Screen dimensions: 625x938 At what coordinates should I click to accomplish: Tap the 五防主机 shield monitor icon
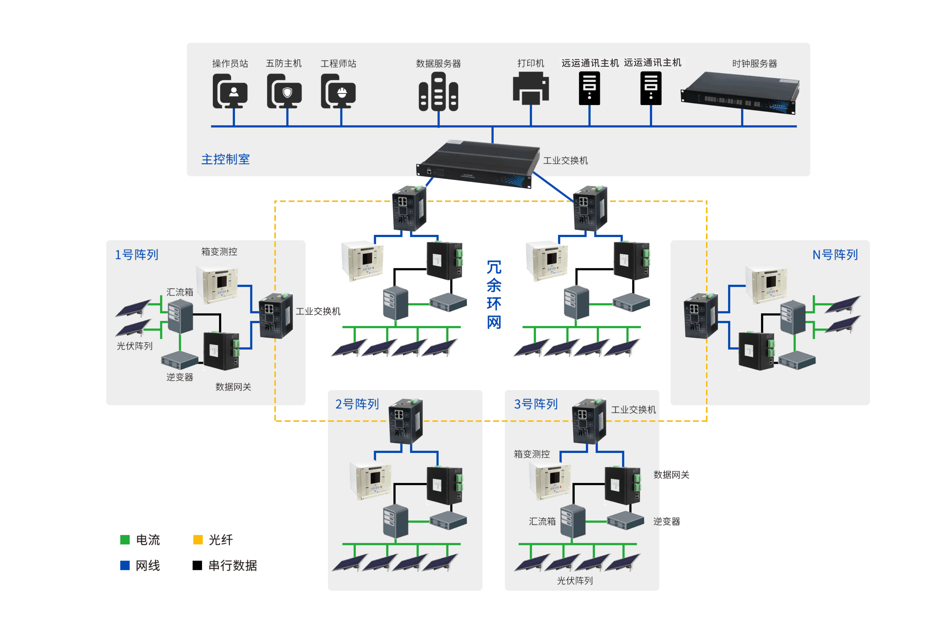(x=284, y=91)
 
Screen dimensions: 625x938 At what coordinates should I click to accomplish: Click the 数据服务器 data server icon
(x=438, y=93)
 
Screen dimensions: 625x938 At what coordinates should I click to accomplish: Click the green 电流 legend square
(x=125, y=539)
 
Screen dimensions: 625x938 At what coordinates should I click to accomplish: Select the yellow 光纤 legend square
(x=198, y=539)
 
